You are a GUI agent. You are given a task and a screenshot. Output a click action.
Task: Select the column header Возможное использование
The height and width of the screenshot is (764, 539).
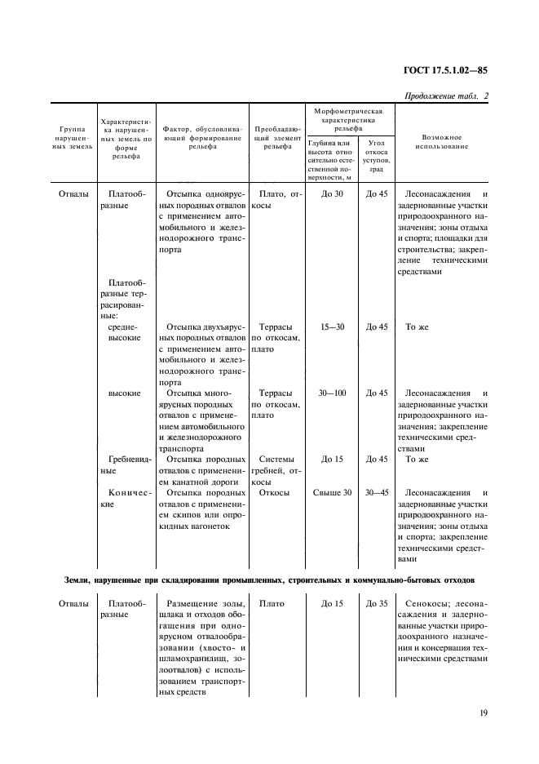(442, 142)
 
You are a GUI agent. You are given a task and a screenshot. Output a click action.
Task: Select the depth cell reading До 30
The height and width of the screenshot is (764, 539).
(332, 193)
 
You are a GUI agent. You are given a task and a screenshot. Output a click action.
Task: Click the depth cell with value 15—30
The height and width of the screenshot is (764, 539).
(332, 326)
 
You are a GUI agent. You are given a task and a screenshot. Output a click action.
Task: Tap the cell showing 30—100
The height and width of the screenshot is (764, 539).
(332, 393)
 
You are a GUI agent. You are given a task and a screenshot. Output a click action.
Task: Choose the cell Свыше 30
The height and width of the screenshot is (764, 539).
(332, 492)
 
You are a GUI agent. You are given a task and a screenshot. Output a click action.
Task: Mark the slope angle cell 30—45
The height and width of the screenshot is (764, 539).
(377, 492)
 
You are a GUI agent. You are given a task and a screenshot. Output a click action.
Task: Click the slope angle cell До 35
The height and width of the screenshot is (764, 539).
(377, 603)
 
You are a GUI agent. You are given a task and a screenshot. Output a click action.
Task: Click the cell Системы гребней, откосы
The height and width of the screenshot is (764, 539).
(276, 470)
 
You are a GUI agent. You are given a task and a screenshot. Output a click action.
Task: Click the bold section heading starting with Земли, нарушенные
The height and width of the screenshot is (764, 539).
(268, 579)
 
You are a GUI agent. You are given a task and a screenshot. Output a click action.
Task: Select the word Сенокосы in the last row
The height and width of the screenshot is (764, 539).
(431, 603)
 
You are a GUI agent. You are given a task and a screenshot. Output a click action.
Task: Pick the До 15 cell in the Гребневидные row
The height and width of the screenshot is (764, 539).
(332, 459)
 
